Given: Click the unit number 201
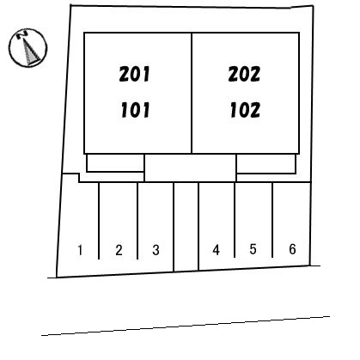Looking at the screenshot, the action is (x=134, y=74).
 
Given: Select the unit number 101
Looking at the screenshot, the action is (x=135, y=110).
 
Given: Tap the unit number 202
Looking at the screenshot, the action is (x=244, y=74).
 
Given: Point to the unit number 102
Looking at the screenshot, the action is (x=245, y=110).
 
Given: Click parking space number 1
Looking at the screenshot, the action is (x=80, y=250).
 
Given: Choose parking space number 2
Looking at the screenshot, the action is (x=119, y=250).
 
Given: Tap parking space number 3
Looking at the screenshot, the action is (x=156, y=250).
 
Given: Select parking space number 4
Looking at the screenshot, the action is (x=217, y=250).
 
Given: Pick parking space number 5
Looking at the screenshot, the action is (x=253, y=249).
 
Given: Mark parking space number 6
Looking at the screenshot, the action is (x=292, y=249).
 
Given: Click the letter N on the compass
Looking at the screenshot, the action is (x=22, y=35).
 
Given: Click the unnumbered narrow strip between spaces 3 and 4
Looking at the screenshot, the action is (x=186, y=227).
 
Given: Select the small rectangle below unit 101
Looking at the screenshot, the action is (x=115, y=163).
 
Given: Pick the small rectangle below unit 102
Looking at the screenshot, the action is (x=266, y=163).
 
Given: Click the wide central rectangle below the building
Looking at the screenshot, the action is (x=190, y=168).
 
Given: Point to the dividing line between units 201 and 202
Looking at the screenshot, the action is (x=192, y=93).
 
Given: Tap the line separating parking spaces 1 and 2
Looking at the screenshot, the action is (x=99, y=221).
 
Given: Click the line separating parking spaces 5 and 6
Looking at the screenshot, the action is (x=272, y=220).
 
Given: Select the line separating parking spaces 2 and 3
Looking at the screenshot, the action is (x=137, y=221).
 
